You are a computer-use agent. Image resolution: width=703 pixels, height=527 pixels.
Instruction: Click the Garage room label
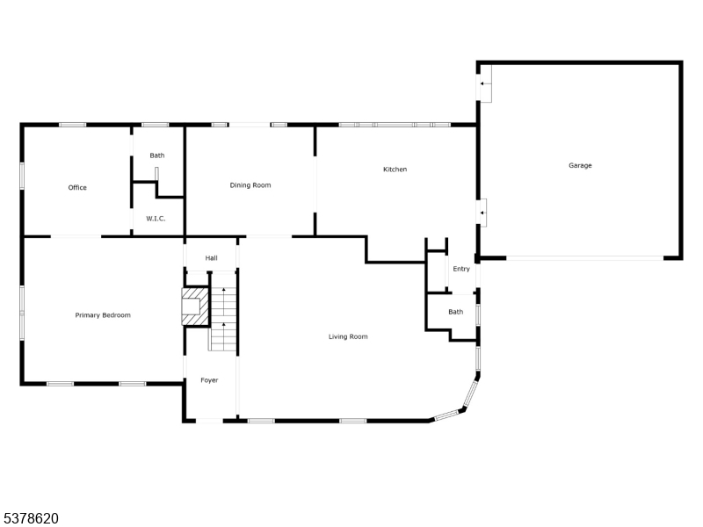pyautogui.click(x=580, y=165)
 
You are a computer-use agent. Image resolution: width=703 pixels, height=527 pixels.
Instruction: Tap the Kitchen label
pyautogui.click(x=395, y=170)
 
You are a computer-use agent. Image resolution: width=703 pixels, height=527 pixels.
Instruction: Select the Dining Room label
pyautogui.click(x=250, y=185)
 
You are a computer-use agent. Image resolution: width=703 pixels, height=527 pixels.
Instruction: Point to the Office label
pyautogui.click(x=77, y=187)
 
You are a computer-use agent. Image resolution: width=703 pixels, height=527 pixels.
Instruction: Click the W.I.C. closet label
pyautogui.click(x=155, y=219)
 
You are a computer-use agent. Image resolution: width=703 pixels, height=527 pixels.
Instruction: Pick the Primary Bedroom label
pyautogui.click(x=103, y=314)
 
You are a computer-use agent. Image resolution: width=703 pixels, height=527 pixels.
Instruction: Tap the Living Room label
pyautogui.click(x=348, y=336)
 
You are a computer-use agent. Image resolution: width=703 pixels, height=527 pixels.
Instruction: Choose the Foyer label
pyautogui.click(x=209, y=380)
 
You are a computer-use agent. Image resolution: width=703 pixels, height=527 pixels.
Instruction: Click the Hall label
pyautogui.click(x=211, y=258)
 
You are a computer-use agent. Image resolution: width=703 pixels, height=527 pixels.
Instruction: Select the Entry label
pyautogui.click(x=461, y=269)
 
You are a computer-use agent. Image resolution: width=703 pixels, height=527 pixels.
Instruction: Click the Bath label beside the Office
pyautogui.click(x=156, y=155)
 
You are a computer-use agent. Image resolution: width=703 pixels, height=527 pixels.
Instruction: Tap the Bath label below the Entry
pyautogui.click(x=455, y=312)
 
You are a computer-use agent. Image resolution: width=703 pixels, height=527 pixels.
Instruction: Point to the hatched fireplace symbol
pyautogui.click(x=193, y=307)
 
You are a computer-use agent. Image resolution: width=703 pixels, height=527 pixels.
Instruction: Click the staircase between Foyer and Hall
pyautogui.click(x=224, y=312)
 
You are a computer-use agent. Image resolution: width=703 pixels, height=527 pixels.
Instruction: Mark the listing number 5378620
pyautogui.click(x=31, y=518)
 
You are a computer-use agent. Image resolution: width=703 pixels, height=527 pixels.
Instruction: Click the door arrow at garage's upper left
pyautogui.click(x=485, y=84)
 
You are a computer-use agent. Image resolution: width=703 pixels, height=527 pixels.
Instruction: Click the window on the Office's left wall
pyautogui.click(x=22, y=174)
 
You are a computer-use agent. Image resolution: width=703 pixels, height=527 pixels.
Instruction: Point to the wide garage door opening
pyautogui.click(x=584, y=258)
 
